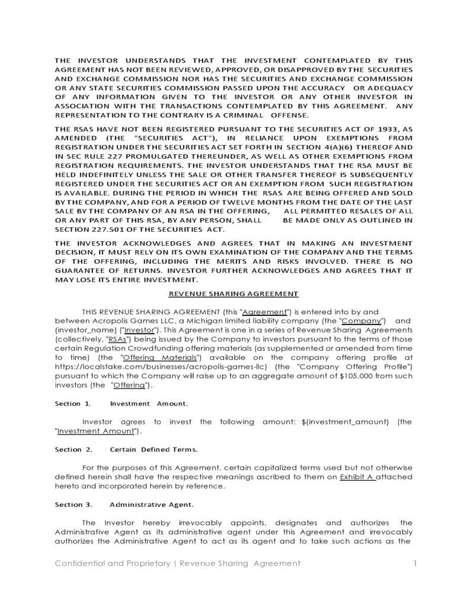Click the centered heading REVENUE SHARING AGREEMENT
point(233,294)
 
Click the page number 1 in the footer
point(415,563)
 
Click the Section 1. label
point(73,403)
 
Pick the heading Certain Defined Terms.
point(153,449)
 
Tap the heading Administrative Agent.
point(151,505)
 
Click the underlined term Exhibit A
point(357,477)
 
